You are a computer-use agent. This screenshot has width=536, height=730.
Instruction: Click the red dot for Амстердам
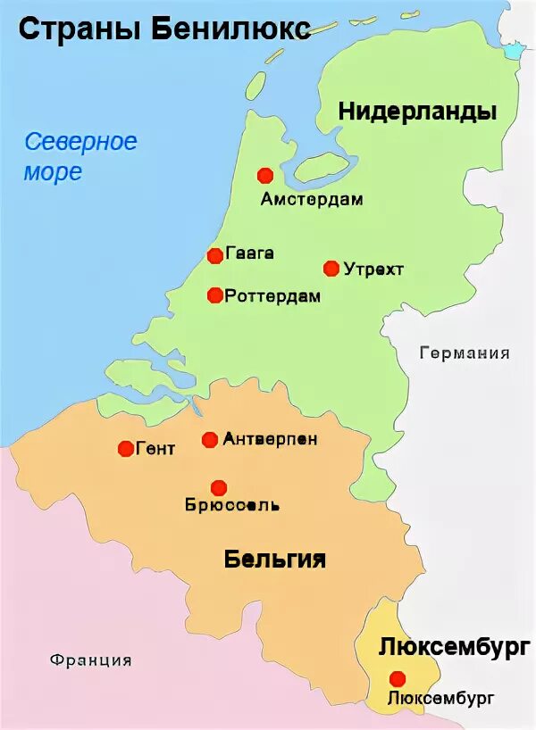click(x=264, y=176)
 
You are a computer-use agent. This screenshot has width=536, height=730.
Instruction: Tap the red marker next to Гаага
click(x=214, y=256)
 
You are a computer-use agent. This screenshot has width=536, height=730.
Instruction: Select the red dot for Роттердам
click(x=214, y=295)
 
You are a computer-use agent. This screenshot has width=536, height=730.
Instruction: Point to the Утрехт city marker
click(x=331, y=269)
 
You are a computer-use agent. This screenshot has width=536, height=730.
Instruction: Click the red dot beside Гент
click(x=125, y=449)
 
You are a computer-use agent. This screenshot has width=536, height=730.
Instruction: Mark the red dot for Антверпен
click(x=210, y=439)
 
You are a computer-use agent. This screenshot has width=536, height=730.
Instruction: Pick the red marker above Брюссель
click(x=219, y=487)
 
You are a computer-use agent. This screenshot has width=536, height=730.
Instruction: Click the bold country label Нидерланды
click(x=417, y=112)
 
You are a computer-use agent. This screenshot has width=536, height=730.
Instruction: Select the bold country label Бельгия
click(x=274, y=560)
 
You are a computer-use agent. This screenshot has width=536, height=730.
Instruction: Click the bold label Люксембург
click(x=449, y=648)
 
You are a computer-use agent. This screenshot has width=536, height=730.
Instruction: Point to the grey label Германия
click(x=465, y=353)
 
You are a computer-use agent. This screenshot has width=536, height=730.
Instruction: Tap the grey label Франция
click(x=91, y=660)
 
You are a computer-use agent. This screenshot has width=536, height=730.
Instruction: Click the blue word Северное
click(x=80, y=141)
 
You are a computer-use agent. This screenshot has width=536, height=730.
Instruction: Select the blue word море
click(x=53, y=171)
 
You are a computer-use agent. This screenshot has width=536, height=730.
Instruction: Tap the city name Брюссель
click(x=232, y=506)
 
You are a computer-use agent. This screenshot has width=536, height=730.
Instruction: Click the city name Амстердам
click(x=312, y=200)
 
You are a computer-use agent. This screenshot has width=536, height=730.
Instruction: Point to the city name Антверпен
click(x=270, y=439)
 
